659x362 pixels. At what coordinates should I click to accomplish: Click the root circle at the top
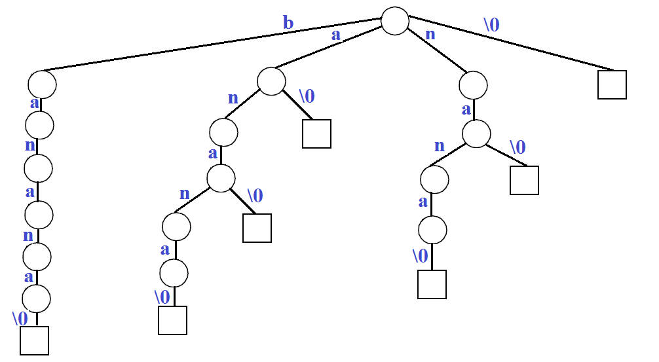pyautogui.click(x=395, y=20)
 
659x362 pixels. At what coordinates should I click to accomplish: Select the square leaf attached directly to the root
pyautogui.click(x=612, y=84)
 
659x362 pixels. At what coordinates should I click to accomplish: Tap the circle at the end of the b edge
pyautogui.click(x=42, y=84)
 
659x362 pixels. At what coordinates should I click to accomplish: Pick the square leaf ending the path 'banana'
pyautogui.click(x=34, y=340)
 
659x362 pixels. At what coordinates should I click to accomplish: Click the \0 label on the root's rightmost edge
pyautogui.click(x=491, y=24)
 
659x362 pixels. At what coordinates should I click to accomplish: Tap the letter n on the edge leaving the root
pyautogui.click(x=430, y=34)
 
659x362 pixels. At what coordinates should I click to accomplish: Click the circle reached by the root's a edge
pyautogui.click(x=271, y=81)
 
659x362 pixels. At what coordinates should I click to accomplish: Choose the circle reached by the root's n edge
pyautogui.click(x=473, y=85)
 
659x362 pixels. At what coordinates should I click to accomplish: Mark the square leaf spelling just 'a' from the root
pyautogui.click(x=316, y=134)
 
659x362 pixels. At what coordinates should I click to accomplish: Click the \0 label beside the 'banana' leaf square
pyautogui.click(x=20, y=319)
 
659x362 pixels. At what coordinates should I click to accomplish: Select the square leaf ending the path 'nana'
pyautogui.click(x=432, y=284)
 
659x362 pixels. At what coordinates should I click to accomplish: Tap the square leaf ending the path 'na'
pyautogui.click(x=524, y=180)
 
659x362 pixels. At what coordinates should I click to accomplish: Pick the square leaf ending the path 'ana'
pyautogui.click(x=257, y=228)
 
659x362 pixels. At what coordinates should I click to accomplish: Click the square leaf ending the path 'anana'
pyautogui.click(x=172, y=320)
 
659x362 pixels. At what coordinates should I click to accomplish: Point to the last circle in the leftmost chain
pyautogui.click(x=36, y=299)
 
